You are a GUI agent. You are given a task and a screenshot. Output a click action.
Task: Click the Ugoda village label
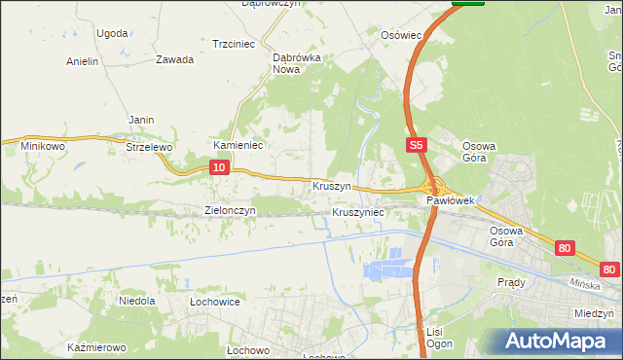pyautogui.click(x=112, y=33)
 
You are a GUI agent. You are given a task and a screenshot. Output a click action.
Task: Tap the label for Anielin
pyautogui.click(x=82, y=61)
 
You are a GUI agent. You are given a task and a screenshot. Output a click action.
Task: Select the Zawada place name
pyautogui.click(x=174, y=59)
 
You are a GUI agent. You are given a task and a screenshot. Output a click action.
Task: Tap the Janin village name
pyautogui.click(x=142, y=120)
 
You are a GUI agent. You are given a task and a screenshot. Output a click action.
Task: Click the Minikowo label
pyautogui.click(x=30, y=146)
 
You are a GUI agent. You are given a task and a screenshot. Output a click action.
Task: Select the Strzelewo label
pyautogui.click(x=149, y=147)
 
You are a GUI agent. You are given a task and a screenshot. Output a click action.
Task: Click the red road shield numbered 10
pyautogui.click(x=219, y=168)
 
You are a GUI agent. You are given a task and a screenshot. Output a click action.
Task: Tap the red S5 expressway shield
pyautogui.click(x=416, y=145)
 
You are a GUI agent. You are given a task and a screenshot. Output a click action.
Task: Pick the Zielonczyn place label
pyautogui.click(x=230, y=210)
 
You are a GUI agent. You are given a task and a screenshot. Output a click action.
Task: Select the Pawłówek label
pyautogui.click(x=450, y=200)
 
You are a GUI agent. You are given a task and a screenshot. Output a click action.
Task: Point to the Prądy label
pyautogui.click(x=511, y=282)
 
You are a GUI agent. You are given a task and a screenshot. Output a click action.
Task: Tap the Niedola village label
pyautogui.click(x=137, y=301)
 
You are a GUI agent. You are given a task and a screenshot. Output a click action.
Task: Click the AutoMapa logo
pyautogui.click(x=557, y=341)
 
